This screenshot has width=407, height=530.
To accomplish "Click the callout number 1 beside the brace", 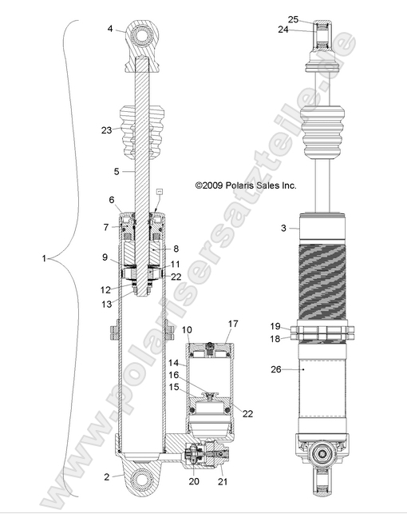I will click(x=44, y=259).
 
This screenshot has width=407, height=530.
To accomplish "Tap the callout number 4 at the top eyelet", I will click(x=111, y=29).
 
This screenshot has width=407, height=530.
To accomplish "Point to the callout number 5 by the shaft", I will click(x=116, y=171).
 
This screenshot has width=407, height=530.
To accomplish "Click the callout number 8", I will click(x=175, y=249).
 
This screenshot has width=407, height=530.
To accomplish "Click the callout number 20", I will click(x=195, y=482).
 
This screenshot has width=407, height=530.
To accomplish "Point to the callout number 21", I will click(x=222, y=482).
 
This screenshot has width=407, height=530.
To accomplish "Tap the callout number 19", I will click(x=275, y=326).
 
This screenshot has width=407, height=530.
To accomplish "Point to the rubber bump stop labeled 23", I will click(x=140, y=132).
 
